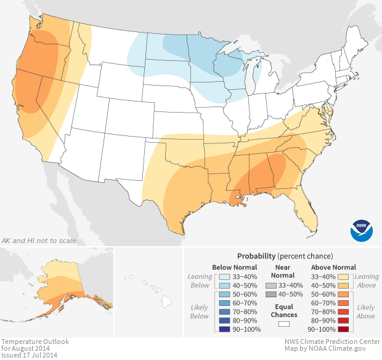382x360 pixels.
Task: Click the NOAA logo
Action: (362, 229)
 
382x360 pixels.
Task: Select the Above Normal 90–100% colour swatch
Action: (344, 329)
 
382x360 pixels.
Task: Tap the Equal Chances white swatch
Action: (284, 323)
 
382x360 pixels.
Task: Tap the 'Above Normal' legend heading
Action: (333, 267)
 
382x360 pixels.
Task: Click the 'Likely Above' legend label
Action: (365, 311)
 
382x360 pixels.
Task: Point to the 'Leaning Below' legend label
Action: (200, 281)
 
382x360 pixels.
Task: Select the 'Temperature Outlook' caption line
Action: (35, 341)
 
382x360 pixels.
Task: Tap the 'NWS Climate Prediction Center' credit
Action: (332, 341)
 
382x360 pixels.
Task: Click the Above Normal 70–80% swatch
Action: (344, 311)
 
